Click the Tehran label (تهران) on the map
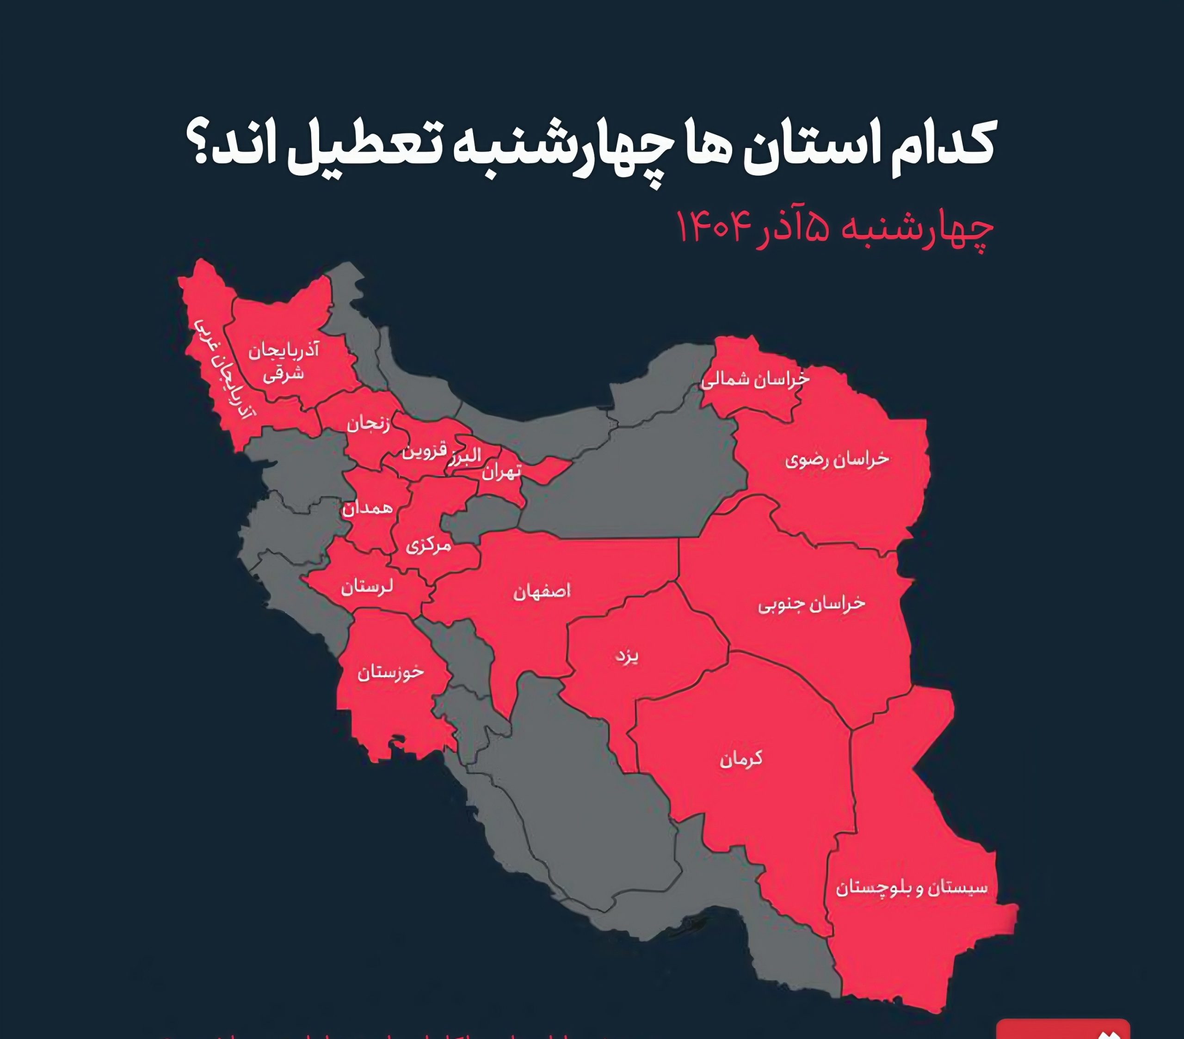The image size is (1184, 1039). point(502,472)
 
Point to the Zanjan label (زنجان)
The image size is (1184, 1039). point(369,424)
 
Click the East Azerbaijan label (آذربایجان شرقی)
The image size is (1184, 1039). point(284,362)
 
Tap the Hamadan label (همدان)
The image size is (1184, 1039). point(367,508)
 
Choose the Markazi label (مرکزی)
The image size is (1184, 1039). point(428,545)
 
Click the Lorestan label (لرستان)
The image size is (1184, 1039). point(367,587)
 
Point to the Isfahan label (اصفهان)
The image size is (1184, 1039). point(542,591)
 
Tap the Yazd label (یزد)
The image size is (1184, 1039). point(627,656)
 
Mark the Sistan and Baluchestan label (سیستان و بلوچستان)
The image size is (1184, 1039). point(911,888)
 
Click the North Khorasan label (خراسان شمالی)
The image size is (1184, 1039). point(755,380)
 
